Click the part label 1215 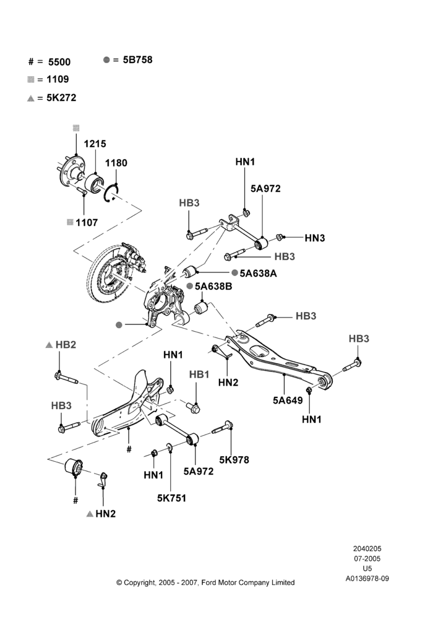95,144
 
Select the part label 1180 116,163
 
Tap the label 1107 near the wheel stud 87,223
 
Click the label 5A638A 258,273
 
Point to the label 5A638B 213,286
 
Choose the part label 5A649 288,400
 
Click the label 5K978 234,459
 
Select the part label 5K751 171,498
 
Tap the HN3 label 315,238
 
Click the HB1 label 199,374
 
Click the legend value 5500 59,62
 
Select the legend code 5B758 137,59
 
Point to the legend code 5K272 61,98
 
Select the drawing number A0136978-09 367,579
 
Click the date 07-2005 367,558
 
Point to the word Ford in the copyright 209,582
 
